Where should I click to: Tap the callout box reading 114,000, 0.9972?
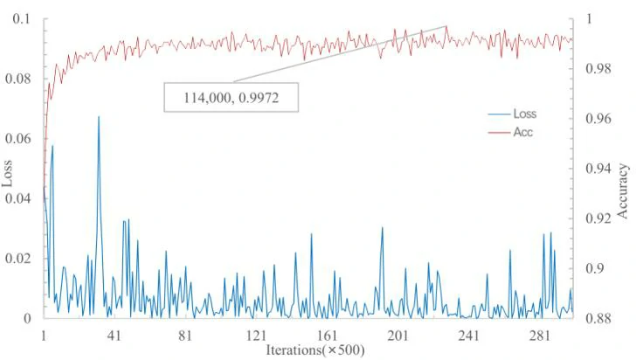tap(232, 97)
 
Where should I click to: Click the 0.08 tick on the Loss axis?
tap(18, 79)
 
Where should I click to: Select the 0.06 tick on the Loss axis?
tap(18, 139)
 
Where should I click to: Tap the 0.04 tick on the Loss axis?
tap(18, 198)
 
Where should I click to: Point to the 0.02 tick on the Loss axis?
tap(18, 259)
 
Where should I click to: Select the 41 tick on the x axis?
tap(114, 336)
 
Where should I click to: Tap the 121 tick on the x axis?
tap(256, 336)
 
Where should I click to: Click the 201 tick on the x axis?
tap(397, 336)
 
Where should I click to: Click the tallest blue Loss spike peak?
tap(99, 117)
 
